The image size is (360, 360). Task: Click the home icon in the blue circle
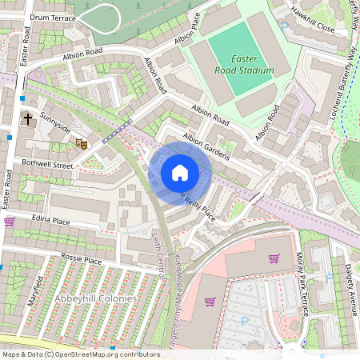point(180,173)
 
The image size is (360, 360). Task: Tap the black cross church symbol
point(28,119)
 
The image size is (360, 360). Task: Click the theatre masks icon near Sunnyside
point(80,143)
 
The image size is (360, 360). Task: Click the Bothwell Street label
point(48,166)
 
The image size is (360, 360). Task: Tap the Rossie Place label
point(82,261)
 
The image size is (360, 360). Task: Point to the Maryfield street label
point(38,284)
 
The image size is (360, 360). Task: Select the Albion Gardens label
point(206,147)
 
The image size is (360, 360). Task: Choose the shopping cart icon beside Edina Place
point(10,222)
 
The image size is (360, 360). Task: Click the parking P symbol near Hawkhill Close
point(284,26)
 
